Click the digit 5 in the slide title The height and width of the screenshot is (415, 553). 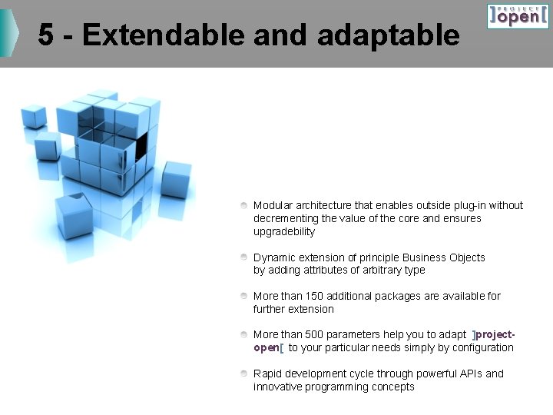click(x=47, y=35)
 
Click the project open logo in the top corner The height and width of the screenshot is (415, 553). click(x=518, y=16)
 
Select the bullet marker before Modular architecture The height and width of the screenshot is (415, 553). click(x=243, y=206)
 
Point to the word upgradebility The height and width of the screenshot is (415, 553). click(x=284, y=232)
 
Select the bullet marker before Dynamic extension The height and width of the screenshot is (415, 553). click(x=243, y=257)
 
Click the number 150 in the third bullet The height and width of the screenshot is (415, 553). click(x=314, y=296)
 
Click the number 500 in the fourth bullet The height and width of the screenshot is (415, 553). click(x=314, y=334)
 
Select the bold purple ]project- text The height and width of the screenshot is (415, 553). click(x=494, y=334)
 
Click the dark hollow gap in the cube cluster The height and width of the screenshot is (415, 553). click(x=141, y=147)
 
